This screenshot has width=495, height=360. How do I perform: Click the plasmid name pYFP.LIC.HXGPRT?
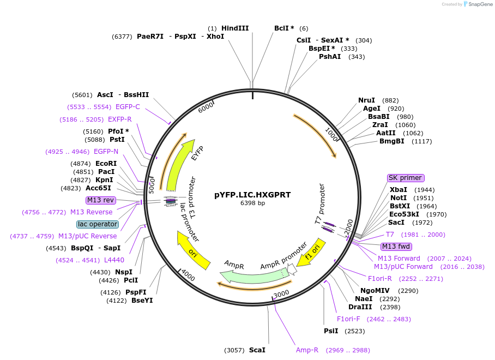coord(252,195)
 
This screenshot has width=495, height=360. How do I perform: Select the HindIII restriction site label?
coord(235,28)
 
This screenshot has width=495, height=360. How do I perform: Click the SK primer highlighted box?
coord(406,178)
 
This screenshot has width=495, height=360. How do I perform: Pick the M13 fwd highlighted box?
coord(396,247)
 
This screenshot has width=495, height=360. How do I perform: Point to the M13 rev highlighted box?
coord(100,200)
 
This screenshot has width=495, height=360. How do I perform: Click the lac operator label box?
coord(98,224)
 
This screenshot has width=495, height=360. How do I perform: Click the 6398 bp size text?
coord(252,203)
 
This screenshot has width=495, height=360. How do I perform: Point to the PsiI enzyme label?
coord(331,331)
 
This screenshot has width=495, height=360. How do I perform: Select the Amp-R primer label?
coord(307,350)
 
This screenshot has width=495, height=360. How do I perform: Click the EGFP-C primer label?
coord(128,107)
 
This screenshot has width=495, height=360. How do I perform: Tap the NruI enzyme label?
coord(366,100)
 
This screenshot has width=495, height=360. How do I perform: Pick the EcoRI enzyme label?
coord(106,164)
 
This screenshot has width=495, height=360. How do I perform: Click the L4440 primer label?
coord(114,260)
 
